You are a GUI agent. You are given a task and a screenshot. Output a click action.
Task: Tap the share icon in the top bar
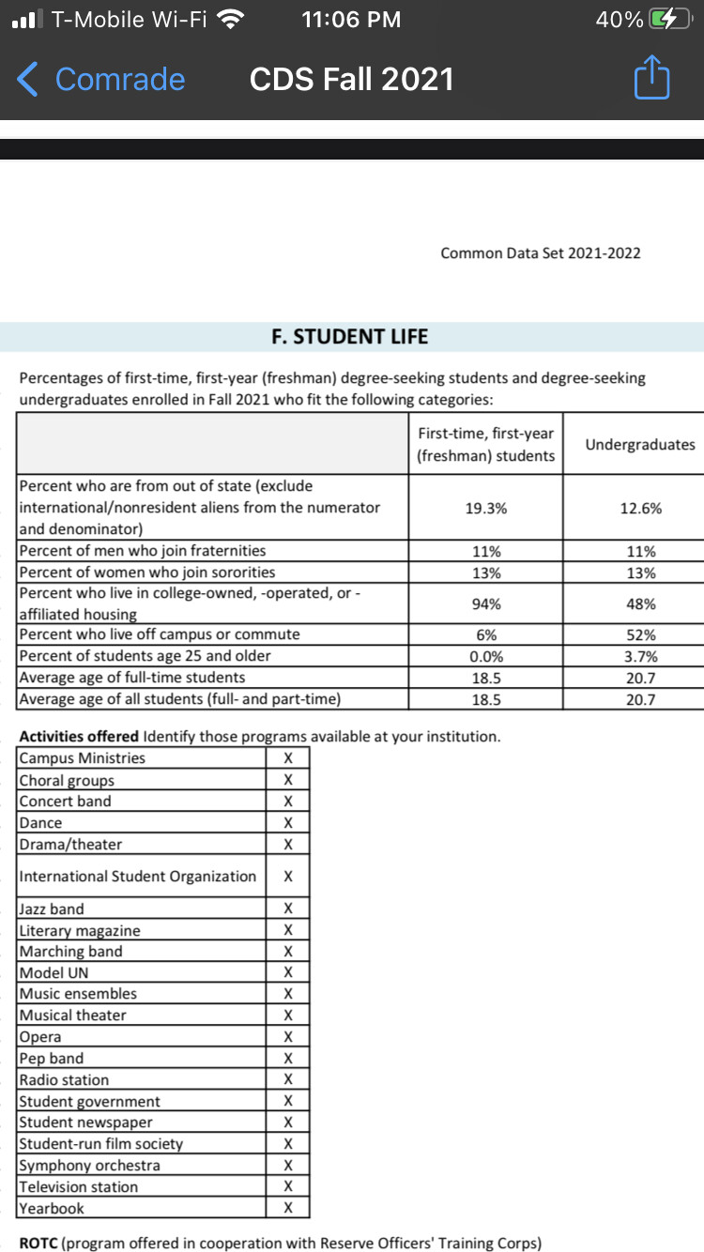click(651, 79)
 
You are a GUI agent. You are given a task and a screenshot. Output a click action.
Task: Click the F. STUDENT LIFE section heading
click(349, 336)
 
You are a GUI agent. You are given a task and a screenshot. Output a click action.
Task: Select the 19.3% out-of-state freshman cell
click(485, 508)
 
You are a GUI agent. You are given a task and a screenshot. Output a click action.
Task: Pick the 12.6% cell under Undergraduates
click(641, 508)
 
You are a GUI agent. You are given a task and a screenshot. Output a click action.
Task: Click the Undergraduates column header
click(640, 444)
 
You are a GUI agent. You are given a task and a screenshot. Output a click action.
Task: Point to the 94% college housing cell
click(485, 604)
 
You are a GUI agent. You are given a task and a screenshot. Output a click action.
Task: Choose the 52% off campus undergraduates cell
click(641, 634)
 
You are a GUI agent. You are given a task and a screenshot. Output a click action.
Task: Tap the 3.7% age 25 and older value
click(641, 656)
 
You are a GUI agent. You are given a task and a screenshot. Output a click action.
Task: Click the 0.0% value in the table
click(485, 656)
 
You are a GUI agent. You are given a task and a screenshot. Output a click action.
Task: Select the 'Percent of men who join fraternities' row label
click(143, 551)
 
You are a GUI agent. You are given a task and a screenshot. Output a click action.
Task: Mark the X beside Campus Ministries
click(288, 758)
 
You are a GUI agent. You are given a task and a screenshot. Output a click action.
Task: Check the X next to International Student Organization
click(288, 877)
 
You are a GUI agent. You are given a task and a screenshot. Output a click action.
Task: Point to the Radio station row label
click(64, 1079)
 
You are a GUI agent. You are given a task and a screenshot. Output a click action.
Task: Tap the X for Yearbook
click(288, 1208)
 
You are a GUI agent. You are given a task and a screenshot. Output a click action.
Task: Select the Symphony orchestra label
click(90, 1165)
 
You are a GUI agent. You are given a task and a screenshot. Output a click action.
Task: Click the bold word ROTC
click(38, 1243)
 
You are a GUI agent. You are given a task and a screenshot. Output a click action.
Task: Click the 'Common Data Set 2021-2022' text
click(541, 252)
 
